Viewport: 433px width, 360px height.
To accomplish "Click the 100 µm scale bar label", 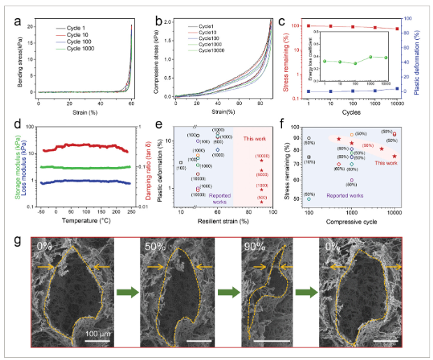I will point(99,333).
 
